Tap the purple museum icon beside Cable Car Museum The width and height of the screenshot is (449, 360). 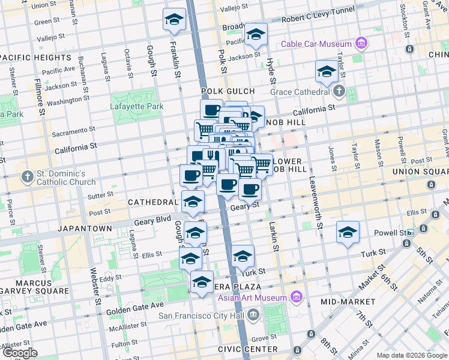tap(361, 43)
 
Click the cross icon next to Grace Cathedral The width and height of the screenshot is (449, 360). tap(339, 92)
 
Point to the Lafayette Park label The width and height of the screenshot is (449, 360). tap(137, 107)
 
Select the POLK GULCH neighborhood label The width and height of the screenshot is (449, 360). tap(228, 91)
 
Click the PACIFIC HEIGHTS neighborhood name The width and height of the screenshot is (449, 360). tap(36, 58)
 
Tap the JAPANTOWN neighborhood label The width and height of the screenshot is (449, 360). tap(85, 229)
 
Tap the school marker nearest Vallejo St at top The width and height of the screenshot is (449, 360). tap(174, 19)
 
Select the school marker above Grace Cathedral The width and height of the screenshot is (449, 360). tap(327, 71)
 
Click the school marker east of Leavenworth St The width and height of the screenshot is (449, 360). tap(348, 232)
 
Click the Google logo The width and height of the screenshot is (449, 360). tap(19, 353)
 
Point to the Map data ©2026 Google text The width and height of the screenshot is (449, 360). tap(411, 355)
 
